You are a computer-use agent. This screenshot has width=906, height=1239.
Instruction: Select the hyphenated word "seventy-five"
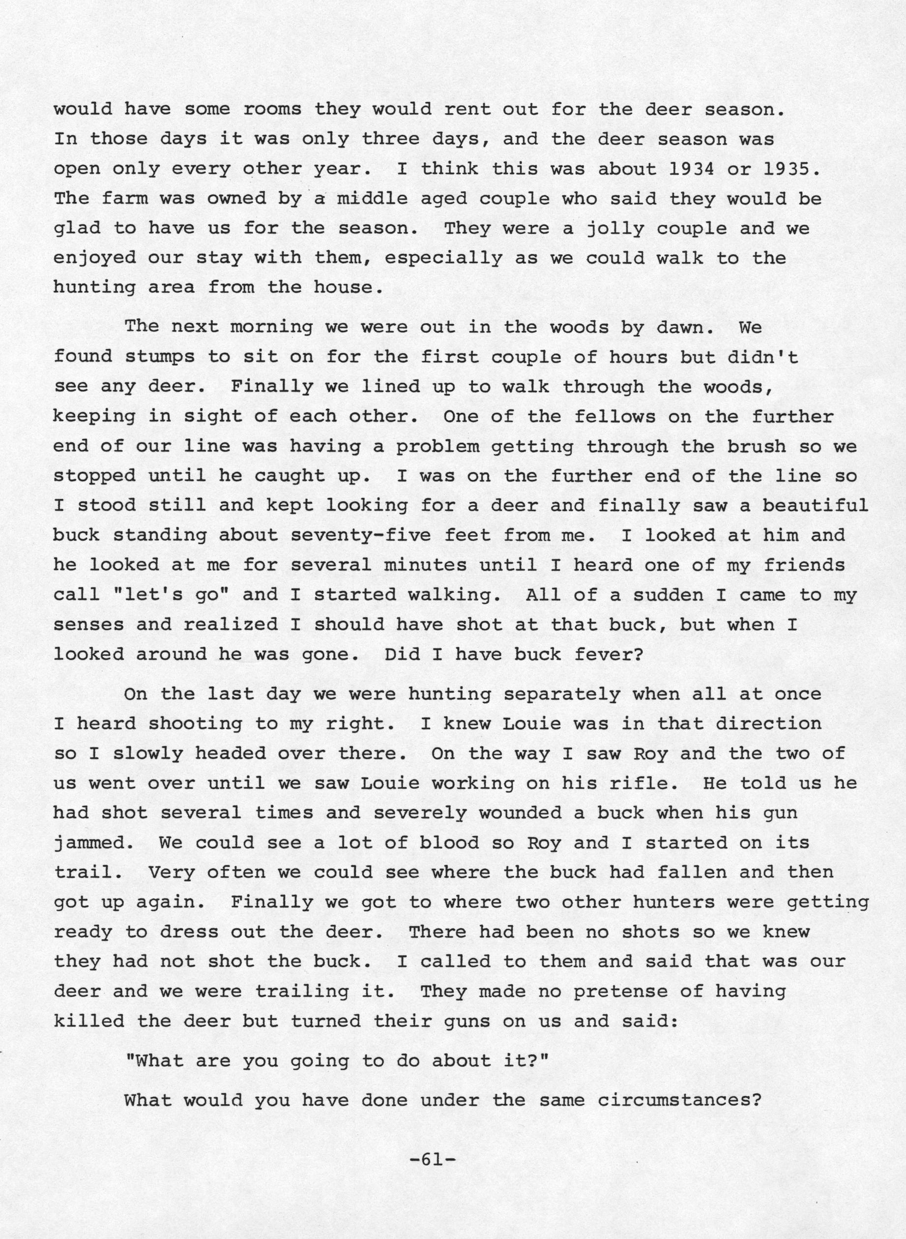360,535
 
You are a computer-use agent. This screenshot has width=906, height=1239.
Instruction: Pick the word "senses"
88,625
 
